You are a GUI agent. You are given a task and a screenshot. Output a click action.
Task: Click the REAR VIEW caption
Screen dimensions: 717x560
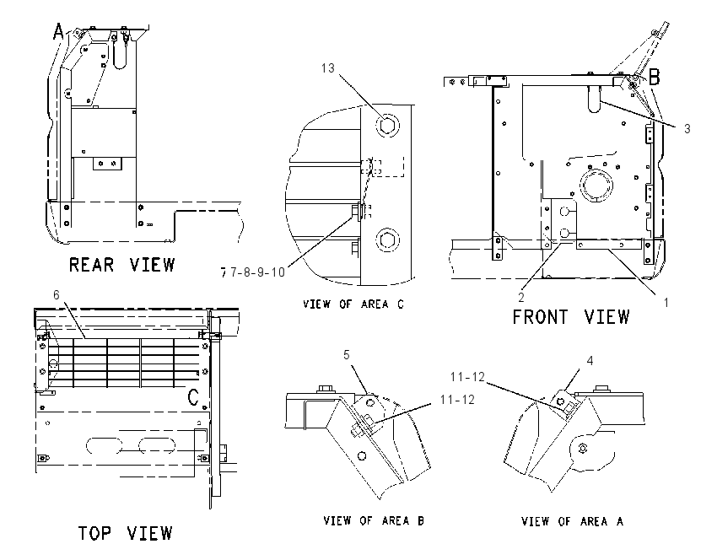click(122, 265)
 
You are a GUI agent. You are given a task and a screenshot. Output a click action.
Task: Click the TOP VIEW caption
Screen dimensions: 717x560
click(125, 533)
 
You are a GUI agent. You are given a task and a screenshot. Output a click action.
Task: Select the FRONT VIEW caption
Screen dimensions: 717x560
click(571, 317)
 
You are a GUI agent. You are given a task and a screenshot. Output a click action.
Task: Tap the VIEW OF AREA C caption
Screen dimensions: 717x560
click(353, 304)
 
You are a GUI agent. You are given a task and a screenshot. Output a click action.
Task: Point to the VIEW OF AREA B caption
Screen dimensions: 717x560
click(374, 520)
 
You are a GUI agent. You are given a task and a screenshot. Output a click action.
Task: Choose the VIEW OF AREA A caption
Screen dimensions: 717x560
click(572, 521)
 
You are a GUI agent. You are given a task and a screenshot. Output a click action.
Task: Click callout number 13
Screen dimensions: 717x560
click(328, 68)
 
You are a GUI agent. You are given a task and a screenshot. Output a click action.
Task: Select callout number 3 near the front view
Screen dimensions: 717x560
click(687, 129)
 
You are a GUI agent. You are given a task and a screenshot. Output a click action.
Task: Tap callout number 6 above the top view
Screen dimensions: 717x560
click(57, 295)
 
